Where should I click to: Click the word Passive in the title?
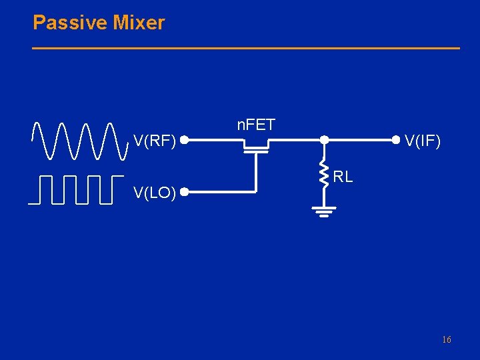(x=70, y=23)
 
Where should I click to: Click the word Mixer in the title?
(x=139, y=23)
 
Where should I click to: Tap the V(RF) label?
(x=155, y=141)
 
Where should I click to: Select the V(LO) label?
(x=155, y=193)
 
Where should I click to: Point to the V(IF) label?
(x=423, y=141)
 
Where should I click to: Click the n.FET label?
(x=256, y=125)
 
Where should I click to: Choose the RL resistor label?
(x=343, y=177)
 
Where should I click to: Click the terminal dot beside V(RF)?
(x=183, y=140)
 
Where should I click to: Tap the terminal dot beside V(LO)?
(x=183, y=193)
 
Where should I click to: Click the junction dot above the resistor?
(x=323, y=140)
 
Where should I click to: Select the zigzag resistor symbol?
(x=323, y=173)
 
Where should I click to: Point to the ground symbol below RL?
(x=323, y=211)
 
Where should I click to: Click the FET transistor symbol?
(x=255, y=146)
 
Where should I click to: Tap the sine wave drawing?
(x=80, y=141)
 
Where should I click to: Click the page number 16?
(x=447, y=340)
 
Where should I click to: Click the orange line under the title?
(x=247, y=48)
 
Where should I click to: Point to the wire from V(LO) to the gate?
(x=220, y=193)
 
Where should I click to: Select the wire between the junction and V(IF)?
(x=360, y=140)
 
